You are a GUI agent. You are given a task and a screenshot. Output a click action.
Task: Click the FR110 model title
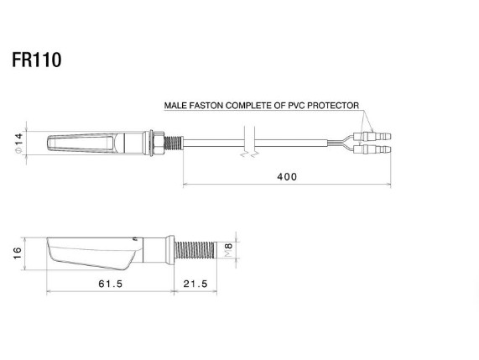pyautogui.click(x=37, y=60)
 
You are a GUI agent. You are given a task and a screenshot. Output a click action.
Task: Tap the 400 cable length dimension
pyautogui.click(x=287, y=176)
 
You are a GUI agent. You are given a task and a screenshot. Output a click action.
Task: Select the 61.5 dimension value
pyautogui.click(x=110, y=284)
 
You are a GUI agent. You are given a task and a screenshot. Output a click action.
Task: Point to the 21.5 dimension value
pyautogui.click(x=195, y=284)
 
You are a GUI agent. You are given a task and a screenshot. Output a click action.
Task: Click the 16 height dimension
pyautogui.click(x=18, y=253)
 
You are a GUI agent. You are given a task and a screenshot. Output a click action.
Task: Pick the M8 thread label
pyautogui.click(x=229, y=250)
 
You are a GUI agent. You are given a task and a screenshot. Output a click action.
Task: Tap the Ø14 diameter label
pyautogui.click(x=18, y=143)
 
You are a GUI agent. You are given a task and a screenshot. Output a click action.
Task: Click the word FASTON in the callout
pyautogui.click(x=206, y=106)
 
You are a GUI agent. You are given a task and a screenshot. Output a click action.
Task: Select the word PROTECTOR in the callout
pyautogui.click(x=333, y=106)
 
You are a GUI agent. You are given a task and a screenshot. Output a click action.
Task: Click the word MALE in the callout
pyautogui.click(x=175, y=106)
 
